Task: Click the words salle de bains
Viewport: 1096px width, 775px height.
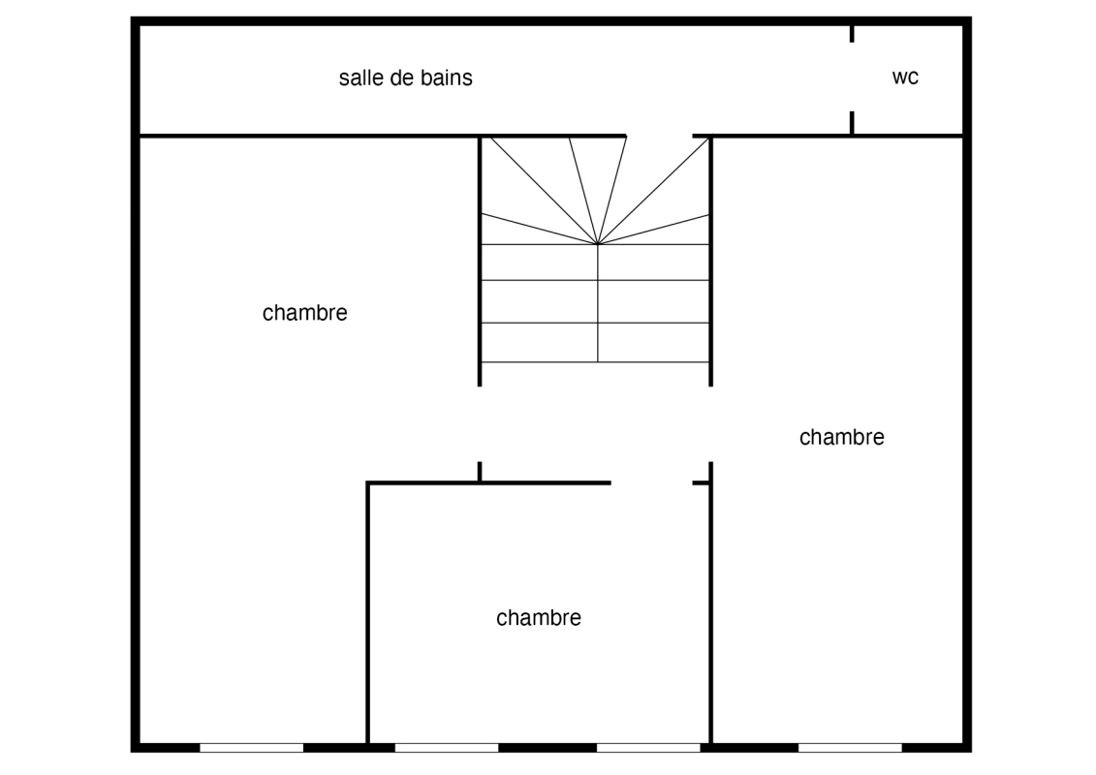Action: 405,77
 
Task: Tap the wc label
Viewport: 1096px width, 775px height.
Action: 905,77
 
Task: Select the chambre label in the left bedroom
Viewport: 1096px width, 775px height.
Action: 304,312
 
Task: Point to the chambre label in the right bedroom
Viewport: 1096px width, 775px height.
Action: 841,437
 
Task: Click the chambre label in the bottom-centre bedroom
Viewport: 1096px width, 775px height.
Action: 538,618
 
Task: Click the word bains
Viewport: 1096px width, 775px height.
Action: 445,77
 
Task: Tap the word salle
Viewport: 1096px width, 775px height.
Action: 360,77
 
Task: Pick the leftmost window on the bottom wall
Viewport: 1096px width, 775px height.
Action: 252,748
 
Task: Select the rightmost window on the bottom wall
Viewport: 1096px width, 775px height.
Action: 850,748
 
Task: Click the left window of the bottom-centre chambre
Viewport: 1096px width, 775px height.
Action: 447,748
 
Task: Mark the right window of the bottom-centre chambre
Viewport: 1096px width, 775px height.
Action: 648,748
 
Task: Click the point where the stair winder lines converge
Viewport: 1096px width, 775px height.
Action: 598,244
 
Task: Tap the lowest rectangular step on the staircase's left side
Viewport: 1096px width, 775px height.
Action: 540,342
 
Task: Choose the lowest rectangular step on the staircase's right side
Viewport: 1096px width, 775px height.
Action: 653,342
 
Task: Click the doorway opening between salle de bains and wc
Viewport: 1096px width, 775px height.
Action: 852,77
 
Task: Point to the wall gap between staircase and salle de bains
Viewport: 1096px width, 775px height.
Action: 659,136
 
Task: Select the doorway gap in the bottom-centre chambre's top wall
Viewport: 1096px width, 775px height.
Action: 651,482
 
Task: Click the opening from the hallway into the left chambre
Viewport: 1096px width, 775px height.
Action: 480,424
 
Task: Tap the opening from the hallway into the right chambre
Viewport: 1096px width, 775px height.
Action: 711,424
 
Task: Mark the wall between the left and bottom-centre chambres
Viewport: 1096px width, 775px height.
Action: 367,613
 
